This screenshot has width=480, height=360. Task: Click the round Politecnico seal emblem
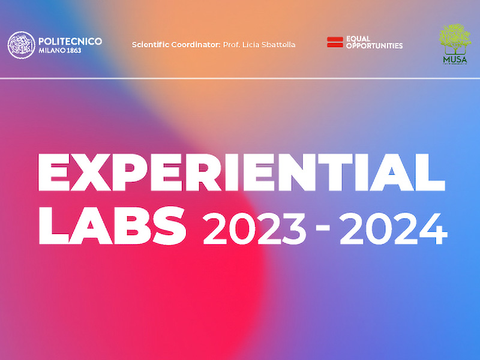pos(22,45)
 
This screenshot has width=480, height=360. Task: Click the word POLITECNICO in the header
pos(70,41)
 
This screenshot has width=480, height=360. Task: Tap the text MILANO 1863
pos(59,50)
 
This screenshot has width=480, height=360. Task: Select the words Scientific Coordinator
pos(176,44)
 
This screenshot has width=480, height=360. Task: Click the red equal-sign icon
pos(335,42)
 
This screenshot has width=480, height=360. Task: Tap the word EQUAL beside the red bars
pos(358,39)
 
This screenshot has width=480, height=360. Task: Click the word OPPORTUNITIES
pos(374,46)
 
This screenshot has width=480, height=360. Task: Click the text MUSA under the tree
pos(455,59)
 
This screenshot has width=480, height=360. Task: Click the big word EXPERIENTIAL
pos(241,172)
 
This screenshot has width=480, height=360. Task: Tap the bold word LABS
pos(112,226)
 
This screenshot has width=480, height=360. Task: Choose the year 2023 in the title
pos(254,229)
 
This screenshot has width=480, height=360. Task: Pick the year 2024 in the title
pos(394,229)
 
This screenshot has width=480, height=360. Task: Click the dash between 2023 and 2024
pos(323,227)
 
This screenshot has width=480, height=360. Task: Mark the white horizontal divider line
pos(240,79)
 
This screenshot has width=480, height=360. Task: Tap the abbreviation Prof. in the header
pos(231,44)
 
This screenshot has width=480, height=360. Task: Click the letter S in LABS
pos(169,226)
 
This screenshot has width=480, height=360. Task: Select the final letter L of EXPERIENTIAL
pos(431,172)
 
